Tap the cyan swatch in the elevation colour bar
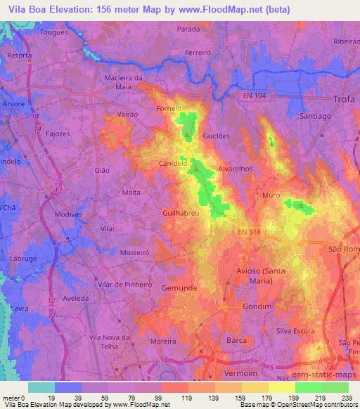[41, 387]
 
